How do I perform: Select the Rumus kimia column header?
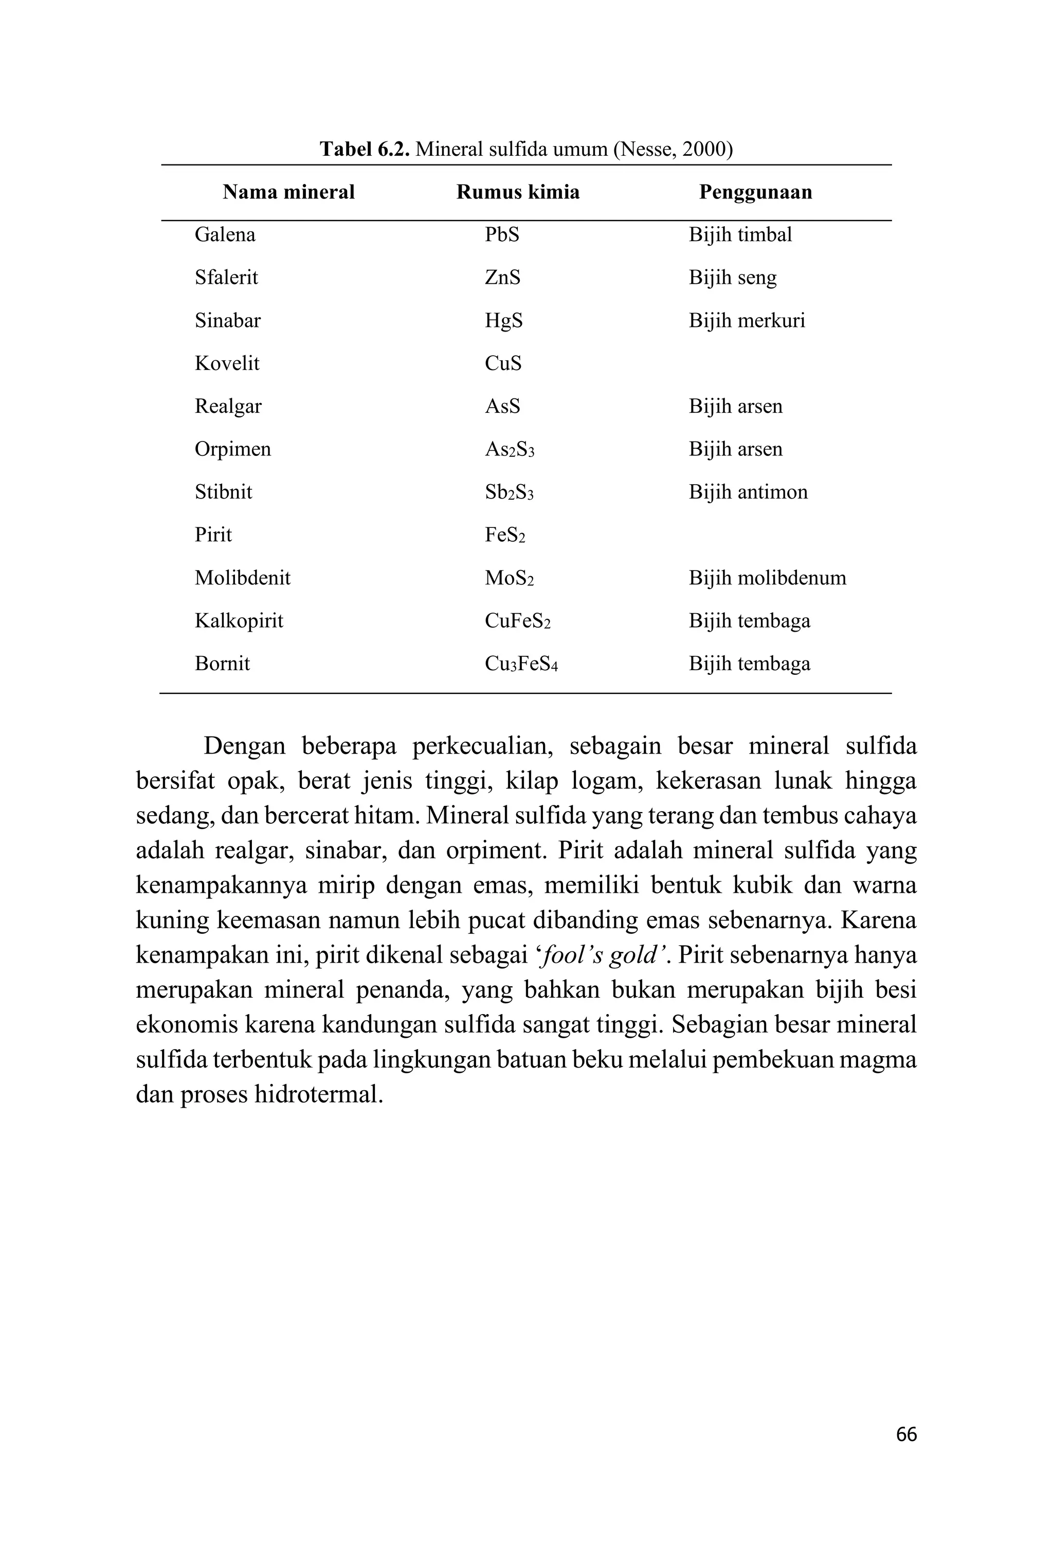517,192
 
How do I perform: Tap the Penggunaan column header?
755,192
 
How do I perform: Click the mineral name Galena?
225,234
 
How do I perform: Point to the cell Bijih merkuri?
746,320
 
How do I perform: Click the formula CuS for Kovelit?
502,363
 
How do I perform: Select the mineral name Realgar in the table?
228,406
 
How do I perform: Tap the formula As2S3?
509,449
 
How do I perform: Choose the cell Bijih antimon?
748,492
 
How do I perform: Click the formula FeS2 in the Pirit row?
504,535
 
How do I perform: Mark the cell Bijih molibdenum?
767,578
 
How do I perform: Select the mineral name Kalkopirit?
239,621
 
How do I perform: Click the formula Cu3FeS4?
521,664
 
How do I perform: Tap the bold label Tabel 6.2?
364,149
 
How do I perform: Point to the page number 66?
906,1435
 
